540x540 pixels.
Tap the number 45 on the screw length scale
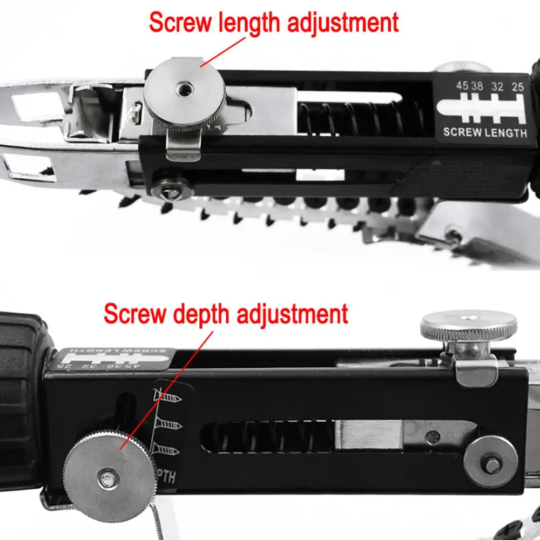pyautogui.click(x=462, y=85)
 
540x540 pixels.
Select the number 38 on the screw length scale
pyautogui.click(x=477, y=85)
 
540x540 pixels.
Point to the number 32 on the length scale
pyautogui.click(x=498, y=85)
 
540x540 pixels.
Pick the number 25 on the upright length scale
pyautogui.click(x=517, y=85)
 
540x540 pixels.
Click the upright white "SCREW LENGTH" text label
pyautogui.click(x=484, y=132)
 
